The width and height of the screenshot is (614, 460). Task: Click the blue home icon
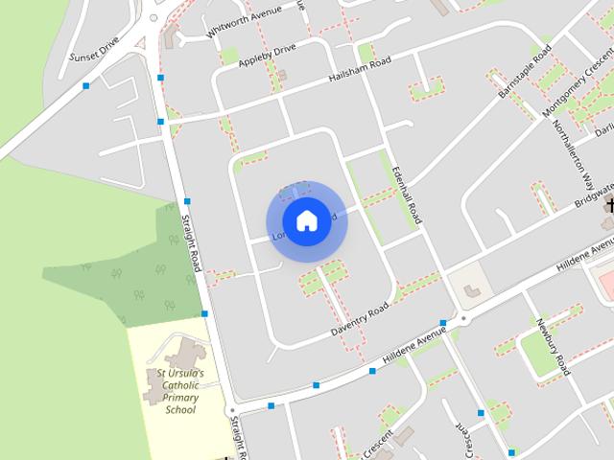pos(306,220)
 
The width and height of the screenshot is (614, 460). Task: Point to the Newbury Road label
pos(553,346)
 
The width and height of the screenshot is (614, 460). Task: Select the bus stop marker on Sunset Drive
pos(86,86)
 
